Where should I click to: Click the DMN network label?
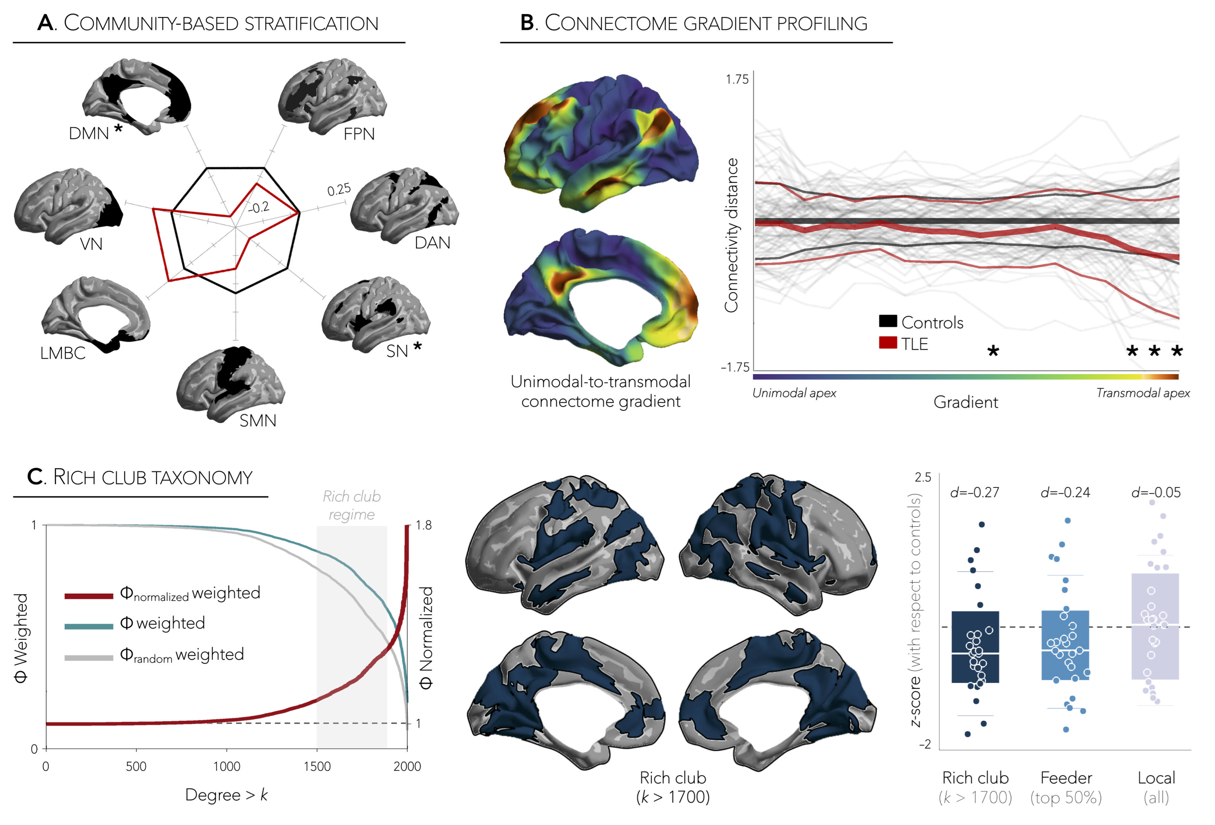(x=89, y=133)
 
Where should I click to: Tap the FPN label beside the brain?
(x=359, y=134)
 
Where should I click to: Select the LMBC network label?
(x=63, y=354)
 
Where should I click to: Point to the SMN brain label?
(x=258, y=421)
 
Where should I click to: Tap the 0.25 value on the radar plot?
(x=339, y=190)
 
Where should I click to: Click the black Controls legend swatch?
(x=888, y=321)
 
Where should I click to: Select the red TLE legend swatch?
(x=888, y=343)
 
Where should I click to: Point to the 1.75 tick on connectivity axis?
(x=737, y=79)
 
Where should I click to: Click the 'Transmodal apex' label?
(x=1142, y=393)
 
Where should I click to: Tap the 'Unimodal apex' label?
(x=794, y=393)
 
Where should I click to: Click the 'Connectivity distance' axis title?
(x=731, y=235)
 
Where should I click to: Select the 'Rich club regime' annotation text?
(x=351, y=506)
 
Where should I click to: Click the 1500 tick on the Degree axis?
(x=317, y=767)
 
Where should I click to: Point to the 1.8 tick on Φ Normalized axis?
(x=423, y=525)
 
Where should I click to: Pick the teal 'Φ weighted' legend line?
(x=89, y=626)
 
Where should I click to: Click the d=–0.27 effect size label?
(x=975, y=492)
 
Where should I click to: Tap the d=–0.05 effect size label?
(x=1156, y=492)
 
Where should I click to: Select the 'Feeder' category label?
(x=1065, y=778)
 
